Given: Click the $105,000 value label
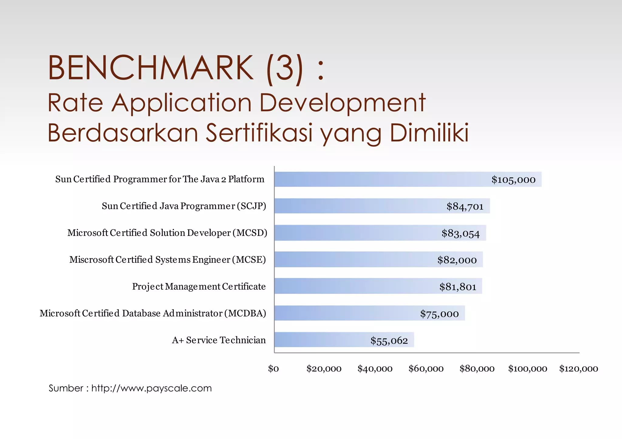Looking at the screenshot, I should coord(513,180).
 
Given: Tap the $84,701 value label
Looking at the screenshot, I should coord(465,206).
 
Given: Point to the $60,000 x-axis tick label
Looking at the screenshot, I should coord(426,369).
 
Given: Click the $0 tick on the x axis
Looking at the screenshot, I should coord(273,369).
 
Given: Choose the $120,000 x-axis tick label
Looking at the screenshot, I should coord(579,369).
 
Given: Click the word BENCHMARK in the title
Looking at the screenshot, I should coord(150,67).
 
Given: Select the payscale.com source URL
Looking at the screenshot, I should coord(152,388).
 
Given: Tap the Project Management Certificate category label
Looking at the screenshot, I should coord(199,286).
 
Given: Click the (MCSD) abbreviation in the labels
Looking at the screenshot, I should coord(250,233).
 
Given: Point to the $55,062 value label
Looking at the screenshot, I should coord(389,340).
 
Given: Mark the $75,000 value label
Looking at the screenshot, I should coord(439,314).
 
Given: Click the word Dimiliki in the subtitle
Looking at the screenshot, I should coord(429,133).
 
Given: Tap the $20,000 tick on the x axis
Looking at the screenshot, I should coord(324,369).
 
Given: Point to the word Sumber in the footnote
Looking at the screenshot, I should coord(66,388).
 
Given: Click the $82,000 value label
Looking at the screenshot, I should coord(457,260).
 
